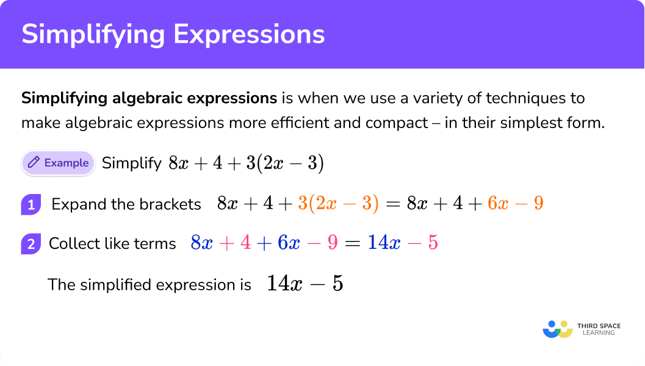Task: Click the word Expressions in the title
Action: pos(249,34)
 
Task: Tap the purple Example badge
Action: pos(58,163)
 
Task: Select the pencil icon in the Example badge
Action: pos(34,162)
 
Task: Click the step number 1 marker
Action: pos(31,204)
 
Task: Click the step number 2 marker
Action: pos(31,244)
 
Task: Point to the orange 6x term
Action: pos(498,203)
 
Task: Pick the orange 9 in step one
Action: pos(538,203)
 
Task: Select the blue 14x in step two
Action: pos(384,242)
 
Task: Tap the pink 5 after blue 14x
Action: pos(433,242)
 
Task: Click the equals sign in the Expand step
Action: pos(393,204)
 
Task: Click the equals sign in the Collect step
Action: pos(353,243)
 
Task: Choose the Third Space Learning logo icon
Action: pos(558,329)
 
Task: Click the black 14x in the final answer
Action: pos(284,283)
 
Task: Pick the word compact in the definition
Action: pos(397,123)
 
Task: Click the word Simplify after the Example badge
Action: pos(132,163)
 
